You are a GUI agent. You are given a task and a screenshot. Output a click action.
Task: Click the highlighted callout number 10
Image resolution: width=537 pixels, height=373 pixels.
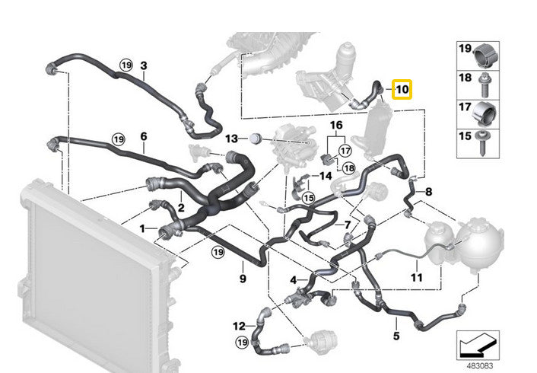point(402,90)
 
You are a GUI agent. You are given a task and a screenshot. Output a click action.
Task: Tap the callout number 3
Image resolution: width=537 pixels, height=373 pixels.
point(144,65)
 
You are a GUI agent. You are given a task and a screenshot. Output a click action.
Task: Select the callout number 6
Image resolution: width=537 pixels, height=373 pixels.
point(144,136)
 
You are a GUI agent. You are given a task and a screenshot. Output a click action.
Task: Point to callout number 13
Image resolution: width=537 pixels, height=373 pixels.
point(231,139)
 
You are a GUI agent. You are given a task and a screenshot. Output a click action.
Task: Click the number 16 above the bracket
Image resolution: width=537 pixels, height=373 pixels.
point(336,125)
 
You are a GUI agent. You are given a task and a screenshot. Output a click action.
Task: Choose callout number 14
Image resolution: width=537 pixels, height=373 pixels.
point(326,176)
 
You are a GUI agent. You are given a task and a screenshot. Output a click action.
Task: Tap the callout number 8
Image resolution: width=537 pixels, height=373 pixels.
point(429,192)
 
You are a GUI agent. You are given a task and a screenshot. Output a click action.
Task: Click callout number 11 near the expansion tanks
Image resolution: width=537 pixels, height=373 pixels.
point(417,277)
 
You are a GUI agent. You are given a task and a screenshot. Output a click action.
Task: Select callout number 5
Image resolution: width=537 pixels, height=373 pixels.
point(396,336)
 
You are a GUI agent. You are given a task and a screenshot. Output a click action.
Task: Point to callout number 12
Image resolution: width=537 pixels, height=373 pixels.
point(239,326)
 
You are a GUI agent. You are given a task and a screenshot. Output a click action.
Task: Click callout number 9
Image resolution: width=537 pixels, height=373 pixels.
point(243,279)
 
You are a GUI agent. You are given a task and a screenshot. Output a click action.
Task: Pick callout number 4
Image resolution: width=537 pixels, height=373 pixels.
point(294,280)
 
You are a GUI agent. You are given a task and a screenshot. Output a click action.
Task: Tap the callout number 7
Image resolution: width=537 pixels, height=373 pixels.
point(348,225)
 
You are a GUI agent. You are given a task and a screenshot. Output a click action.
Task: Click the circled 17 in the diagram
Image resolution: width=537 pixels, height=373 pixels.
point(345,151)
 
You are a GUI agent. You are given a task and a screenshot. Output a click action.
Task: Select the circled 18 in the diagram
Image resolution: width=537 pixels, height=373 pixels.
point(349,168)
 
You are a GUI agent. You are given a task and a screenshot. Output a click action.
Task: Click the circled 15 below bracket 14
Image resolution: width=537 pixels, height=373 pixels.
point(309,198)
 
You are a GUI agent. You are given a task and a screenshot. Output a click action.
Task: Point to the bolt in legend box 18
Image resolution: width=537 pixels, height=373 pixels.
point(485,84)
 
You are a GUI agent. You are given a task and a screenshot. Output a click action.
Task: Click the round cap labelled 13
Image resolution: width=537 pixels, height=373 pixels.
point(255,139)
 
